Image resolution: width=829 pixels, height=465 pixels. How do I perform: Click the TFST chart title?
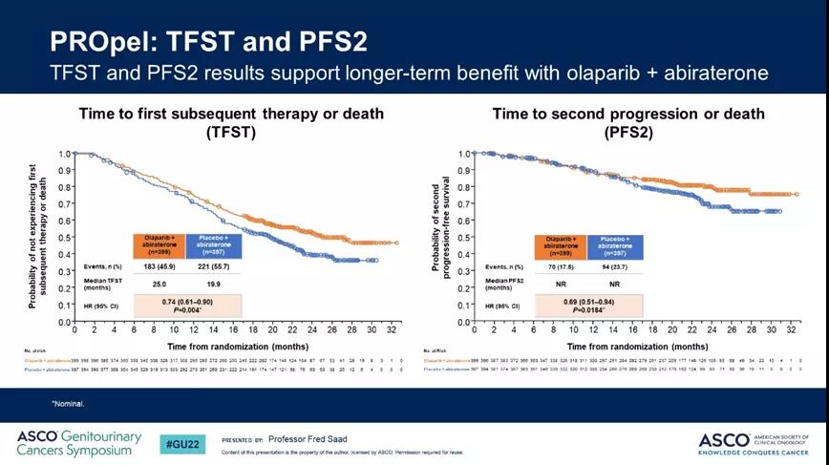pyautogui.click(x=233, y=123)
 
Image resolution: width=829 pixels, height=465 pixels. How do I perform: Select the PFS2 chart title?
pyautogui.click(x=627, y=123)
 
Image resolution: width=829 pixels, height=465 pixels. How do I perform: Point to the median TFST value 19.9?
pyautogui.click(x=215, y=284)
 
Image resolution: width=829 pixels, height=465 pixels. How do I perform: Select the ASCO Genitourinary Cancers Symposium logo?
pyautogui.click(x=78, y=443)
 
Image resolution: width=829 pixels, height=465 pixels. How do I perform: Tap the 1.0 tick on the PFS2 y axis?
pyautogui.click(x=462, y=154)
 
